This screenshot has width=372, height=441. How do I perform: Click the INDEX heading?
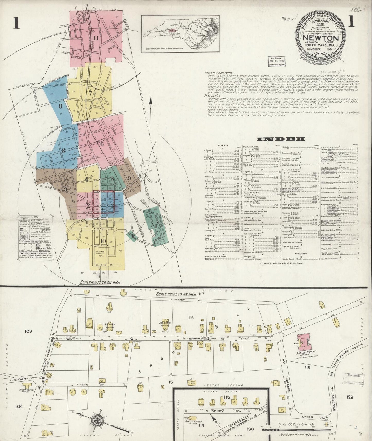pos(281,139)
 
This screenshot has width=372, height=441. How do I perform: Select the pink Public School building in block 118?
pos(304,343)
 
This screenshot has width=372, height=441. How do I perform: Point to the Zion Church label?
pos(165,323)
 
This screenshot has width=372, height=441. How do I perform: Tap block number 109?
pos(28,331)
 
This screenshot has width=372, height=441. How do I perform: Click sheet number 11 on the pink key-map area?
pos(96,38)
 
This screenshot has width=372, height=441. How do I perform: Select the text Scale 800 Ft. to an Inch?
pos(100,282)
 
